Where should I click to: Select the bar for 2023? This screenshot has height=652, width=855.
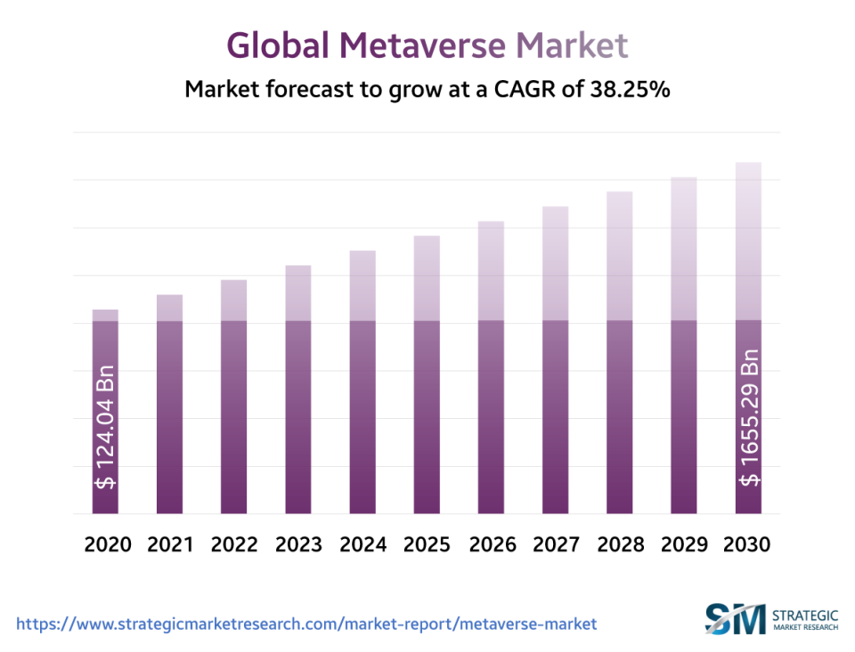pyautogui.click(x=298, y=391)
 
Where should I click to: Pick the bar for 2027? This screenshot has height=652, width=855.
pyautogui.click(x=556, y=360)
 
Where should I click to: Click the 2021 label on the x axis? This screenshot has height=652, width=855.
pyautogui.click(x=169, y=544)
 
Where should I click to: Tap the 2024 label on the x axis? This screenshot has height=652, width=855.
pyautogui.click(x=362, y=544)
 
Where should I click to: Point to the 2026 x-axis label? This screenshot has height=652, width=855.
pyautogui.click(x=492, y=544)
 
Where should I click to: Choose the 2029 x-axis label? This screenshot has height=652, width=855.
pyautogui.click(x=684, y=544)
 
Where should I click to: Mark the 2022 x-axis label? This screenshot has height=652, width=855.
pyautogui.click(x=233, y=544)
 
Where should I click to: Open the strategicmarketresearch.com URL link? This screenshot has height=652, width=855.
pyautogui.click(x=306, y=624)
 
